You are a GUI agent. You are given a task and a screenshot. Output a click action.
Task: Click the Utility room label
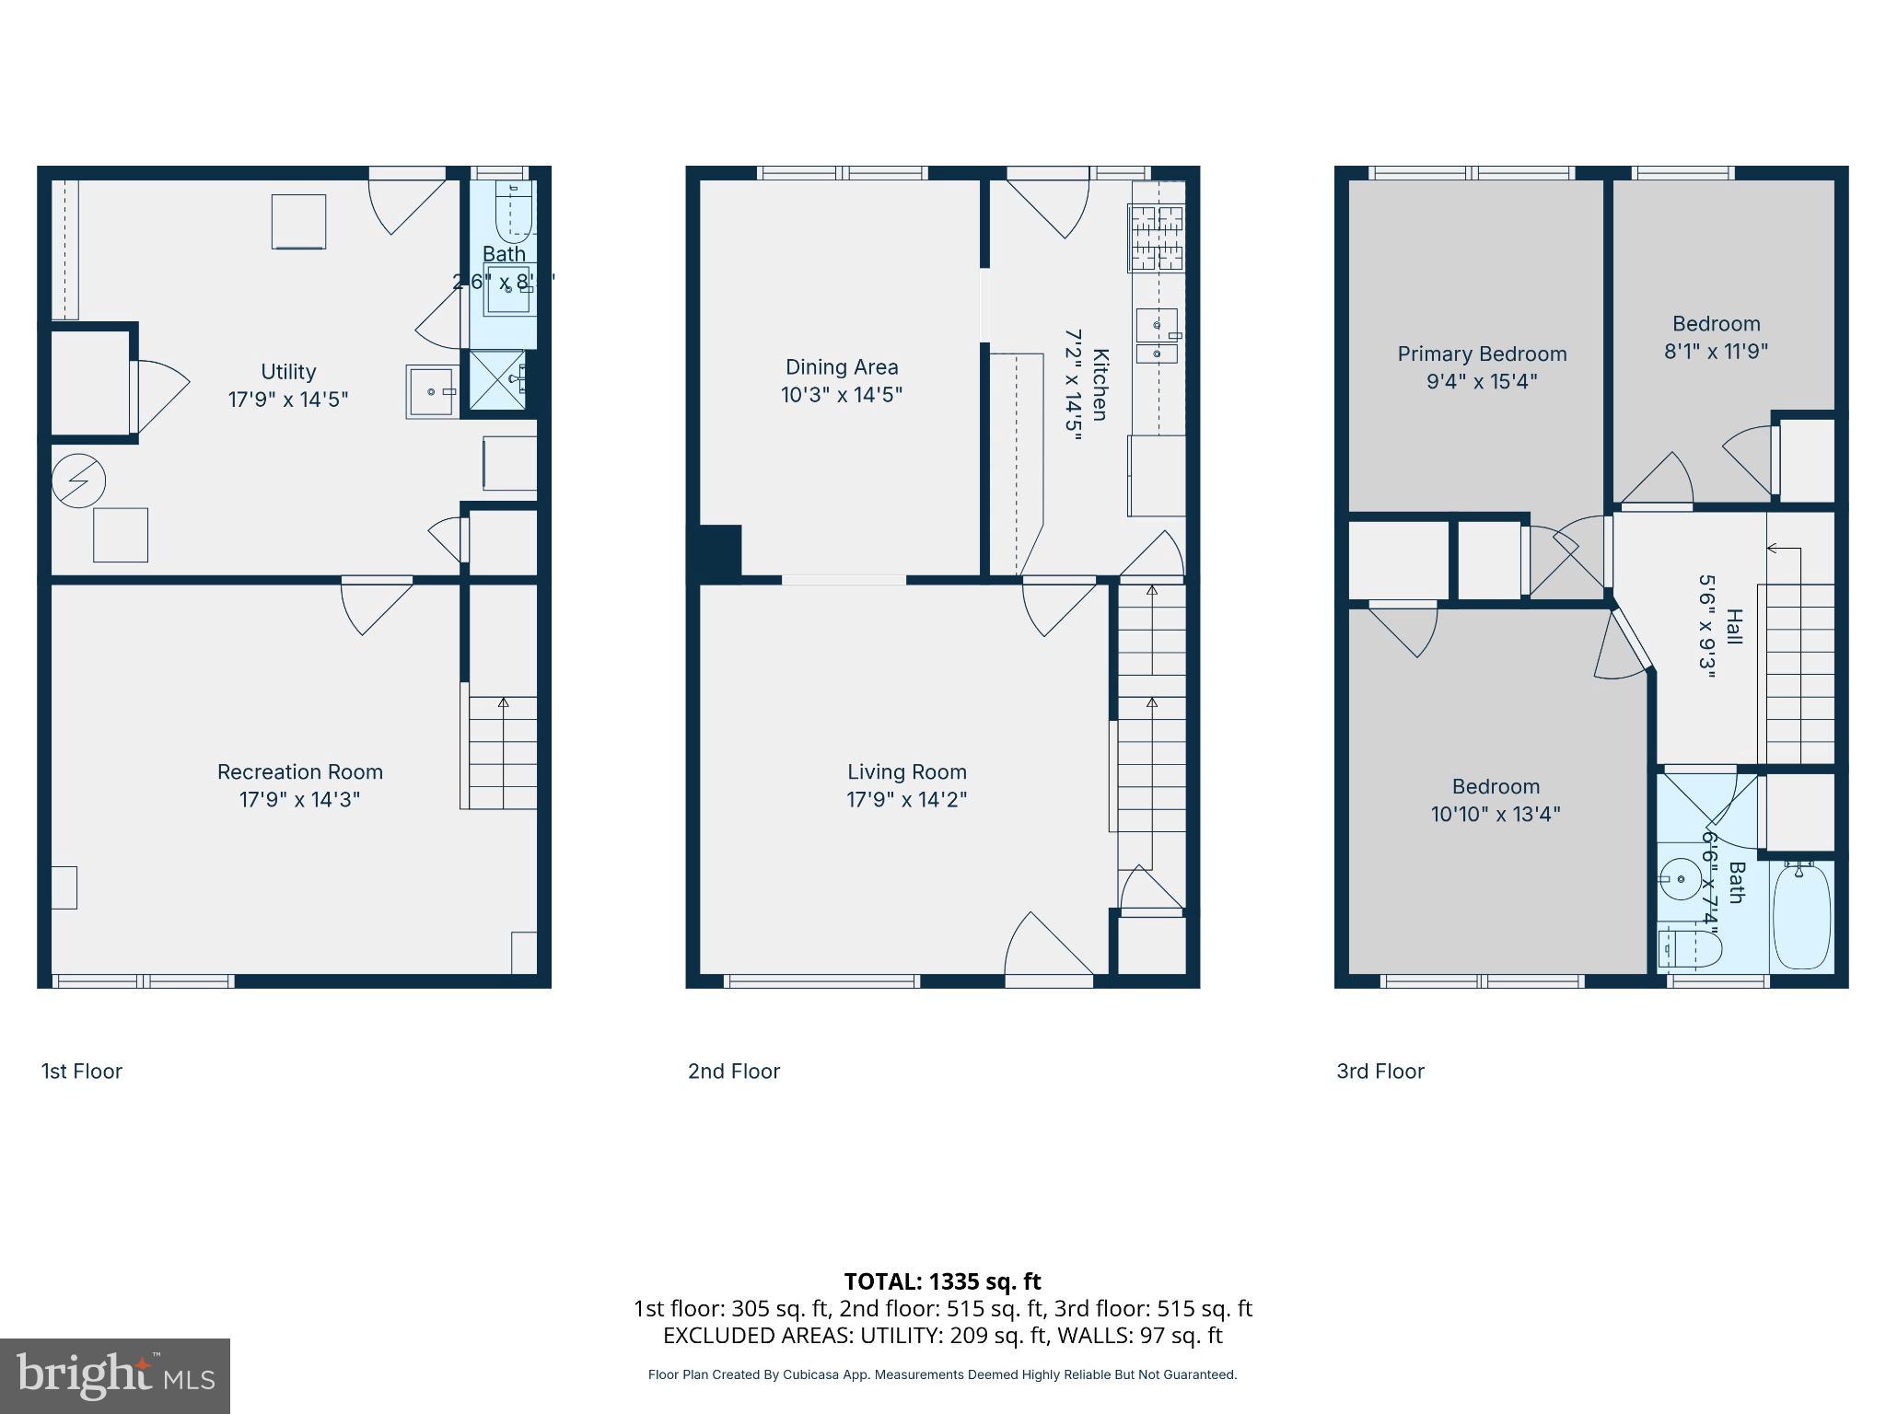(288, 372)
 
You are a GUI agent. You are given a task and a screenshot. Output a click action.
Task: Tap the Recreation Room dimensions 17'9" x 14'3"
(299, 799)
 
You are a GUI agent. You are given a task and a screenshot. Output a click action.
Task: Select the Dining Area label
(842, 367)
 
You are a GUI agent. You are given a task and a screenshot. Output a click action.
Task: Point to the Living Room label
(907, 772)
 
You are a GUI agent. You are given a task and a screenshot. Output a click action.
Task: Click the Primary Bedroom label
(1482, 354)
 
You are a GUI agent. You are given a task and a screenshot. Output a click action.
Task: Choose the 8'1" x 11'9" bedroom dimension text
(1716, 351)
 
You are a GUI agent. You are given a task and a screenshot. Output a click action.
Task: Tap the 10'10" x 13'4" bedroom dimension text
(1496, 814)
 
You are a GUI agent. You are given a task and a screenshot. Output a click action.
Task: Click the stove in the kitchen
(1157, 238)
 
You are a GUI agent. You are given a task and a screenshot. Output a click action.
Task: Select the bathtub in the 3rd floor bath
(1801, 916)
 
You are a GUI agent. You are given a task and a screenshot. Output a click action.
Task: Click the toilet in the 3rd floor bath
(1691, 949)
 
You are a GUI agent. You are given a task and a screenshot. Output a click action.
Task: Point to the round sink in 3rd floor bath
(1682, 880)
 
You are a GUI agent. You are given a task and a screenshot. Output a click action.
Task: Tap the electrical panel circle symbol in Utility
(79, 481)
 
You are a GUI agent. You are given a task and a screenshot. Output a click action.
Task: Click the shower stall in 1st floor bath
(497, 379)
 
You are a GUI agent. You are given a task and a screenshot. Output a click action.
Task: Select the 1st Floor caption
(82, 1072)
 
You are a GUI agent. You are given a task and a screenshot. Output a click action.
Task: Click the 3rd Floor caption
(1380, 1072)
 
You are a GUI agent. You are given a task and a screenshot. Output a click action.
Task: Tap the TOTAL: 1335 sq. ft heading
(942, 1281)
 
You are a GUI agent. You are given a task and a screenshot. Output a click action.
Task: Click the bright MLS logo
(115, 1376)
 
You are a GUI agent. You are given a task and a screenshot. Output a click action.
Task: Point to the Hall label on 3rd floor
(1734, 627)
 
